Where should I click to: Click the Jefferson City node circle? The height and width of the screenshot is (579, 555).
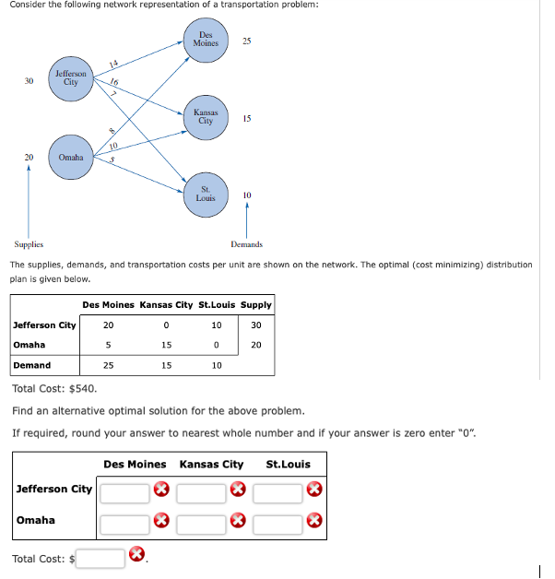point(71,78)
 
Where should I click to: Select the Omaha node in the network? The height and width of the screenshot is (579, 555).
point(71,158)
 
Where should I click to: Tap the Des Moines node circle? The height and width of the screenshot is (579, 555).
point(206,41)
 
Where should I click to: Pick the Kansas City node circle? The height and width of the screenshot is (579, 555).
point(206,117)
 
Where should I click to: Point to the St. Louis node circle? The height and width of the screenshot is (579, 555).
point(206,194)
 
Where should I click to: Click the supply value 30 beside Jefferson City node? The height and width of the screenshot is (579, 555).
point(30,80)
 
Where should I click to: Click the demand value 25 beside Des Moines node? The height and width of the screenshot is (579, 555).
point(246,41)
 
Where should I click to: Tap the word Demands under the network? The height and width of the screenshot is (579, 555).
point(246,244)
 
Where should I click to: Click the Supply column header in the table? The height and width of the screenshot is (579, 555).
point(256,304)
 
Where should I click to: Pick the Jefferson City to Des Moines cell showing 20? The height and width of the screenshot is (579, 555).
point(109,325)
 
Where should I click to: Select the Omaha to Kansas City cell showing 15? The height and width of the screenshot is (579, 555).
point(166,345)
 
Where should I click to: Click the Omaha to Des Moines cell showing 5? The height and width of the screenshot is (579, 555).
point(109,345)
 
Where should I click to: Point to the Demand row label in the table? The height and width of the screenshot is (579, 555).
point(32,365)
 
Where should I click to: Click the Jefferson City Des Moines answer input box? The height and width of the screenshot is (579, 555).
point(124,489)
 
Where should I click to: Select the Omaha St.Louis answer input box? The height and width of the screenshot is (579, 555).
point(277,524)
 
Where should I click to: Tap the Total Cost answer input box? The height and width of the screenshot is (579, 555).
point(100,558)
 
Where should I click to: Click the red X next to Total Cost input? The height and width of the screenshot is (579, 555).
point(136,555)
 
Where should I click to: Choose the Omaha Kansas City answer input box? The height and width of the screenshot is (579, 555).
point(201,524)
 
